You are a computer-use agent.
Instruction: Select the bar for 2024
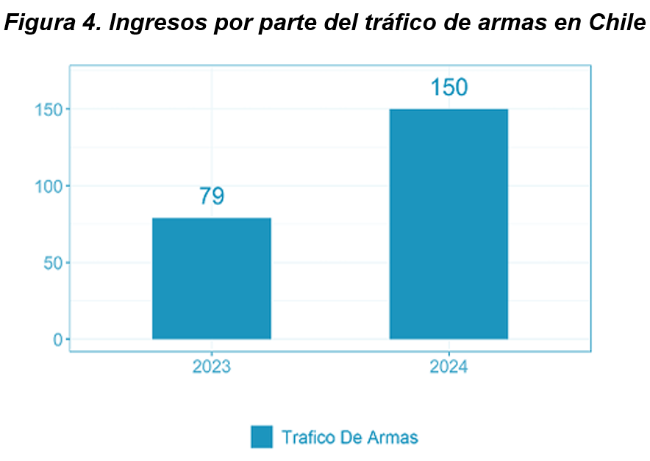click(x=449, y=224)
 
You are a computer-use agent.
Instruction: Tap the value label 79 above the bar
click(x=212, y=196)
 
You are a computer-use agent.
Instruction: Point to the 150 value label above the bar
click(x=449, y=87)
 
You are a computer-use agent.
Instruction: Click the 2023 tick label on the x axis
click(x=212, y=366)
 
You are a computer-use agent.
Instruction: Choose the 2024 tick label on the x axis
click(x=449, y=366)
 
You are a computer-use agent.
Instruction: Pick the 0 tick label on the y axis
click(x=57, y=340)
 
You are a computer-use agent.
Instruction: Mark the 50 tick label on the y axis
click(x=51, y=262)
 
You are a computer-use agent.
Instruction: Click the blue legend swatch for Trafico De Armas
click(x=261, y=437)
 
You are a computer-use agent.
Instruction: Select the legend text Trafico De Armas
click(x=350, y=437)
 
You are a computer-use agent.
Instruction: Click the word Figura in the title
click(x=40, y=23)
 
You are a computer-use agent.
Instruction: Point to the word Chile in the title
click(x=617, y=23)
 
